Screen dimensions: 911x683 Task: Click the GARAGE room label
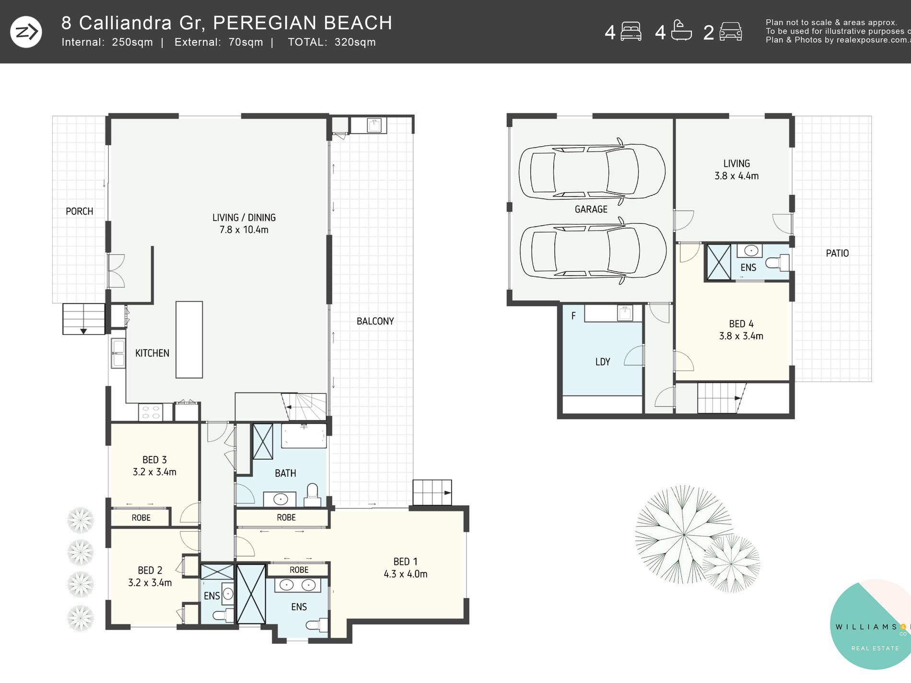coord(591,209)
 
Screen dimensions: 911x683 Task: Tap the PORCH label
coord(79,211)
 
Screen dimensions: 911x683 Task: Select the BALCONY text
coord(375,321)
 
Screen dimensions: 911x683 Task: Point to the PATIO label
coord(837,253)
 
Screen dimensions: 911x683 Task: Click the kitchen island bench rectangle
coord(189,340)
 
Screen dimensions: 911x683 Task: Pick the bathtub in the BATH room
coord(304,436)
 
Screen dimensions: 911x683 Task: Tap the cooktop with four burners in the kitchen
coord(151,412)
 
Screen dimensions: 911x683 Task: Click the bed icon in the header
coord(631,32)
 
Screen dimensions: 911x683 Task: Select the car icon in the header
coord(731,32)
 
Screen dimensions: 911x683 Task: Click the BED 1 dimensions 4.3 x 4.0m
coord(405,574)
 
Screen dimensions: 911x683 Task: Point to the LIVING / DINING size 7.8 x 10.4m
coord(244,230)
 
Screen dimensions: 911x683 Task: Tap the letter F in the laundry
coord(573,316)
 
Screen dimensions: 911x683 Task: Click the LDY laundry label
coord(603,362)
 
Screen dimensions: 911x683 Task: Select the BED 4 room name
coord(741,324)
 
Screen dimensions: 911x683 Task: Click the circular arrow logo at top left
coord(26,32)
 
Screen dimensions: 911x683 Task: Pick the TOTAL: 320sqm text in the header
coord(332,42)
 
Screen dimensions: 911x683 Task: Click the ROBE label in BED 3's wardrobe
coord(141,518)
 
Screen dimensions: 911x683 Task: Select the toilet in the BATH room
coord(313,495)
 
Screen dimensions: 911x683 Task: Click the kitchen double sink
coord(118,353)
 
